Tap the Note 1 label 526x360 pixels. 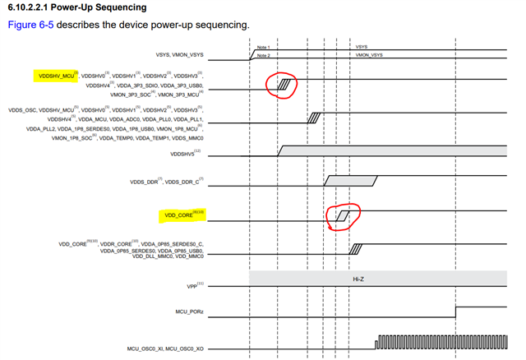click(263, 48)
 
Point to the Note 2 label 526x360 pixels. click(263, 56)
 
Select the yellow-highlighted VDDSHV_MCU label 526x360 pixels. click(56, 76)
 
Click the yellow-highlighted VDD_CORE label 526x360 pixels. click(182, 217)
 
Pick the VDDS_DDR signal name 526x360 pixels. click(148, 181)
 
